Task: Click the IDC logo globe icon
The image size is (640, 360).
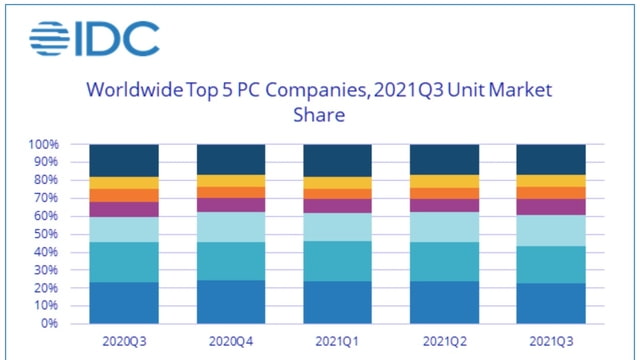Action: (x=48, y=39)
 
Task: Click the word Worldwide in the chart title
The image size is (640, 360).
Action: (x=134, y=91)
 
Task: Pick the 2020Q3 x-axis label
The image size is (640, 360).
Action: (x=124, y=341)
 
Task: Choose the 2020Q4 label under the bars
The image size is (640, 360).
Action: (x=230, y=341)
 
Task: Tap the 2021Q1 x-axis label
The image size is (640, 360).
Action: (x=337, y=341)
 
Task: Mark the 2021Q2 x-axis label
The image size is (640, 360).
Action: (x=443, y=341)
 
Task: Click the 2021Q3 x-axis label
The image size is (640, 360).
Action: (x=550, y=341)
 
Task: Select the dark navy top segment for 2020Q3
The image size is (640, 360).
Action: (x=124, y=160)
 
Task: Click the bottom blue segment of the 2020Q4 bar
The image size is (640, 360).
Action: (x=230, y=301)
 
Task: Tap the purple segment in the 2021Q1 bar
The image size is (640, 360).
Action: (x=337, y=206)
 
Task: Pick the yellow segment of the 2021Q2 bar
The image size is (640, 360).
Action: (x=443, y=181)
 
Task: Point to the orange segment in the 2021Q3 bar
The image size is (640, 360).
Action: (x=550, y=192)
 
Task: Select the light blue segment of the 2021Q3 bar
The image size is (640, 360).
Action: (x=550, y=231)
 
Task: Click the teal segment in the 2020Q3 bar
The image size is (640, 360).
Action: (x=124, y=262)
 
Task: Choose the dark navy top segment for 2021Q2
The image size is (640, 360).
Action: (x=443, y=159)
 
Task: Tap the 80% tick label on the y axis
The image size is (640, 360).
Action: (x=46, y=181)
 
